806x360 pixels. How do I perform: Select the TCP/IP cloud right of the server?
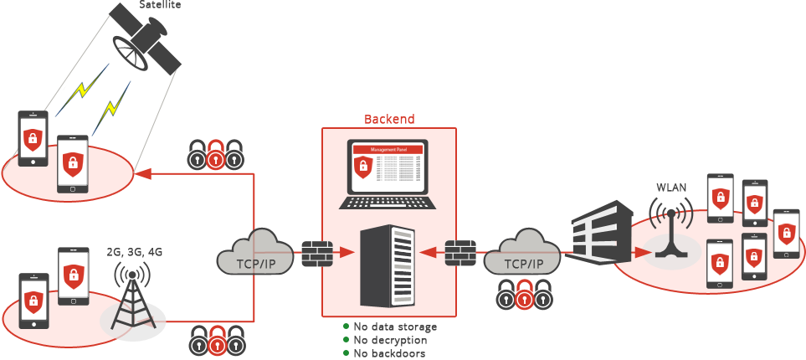click(523, 252)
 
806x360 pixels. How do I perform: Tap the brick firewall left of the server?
click(316, 253)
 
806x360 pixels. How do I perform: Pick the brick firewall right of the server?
click(461, 253)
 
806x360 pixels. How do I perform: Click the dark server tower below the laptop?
click(387, 265)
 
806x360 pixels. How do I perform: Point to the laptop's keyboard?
click(388, 202)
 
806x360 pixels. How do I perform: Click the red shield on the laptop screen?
click(362, 166)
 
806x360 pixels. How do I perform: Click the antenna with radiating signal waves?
click(671, 230)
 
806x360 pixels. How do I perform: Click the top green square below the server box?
click(346, 327)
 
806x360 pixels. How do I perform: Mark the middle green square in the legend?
click(346, 340)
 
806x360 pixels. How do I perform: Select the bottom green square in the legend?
click(346, 352)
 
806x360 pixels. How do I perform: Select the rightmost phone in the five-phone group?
click(785, 232)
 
